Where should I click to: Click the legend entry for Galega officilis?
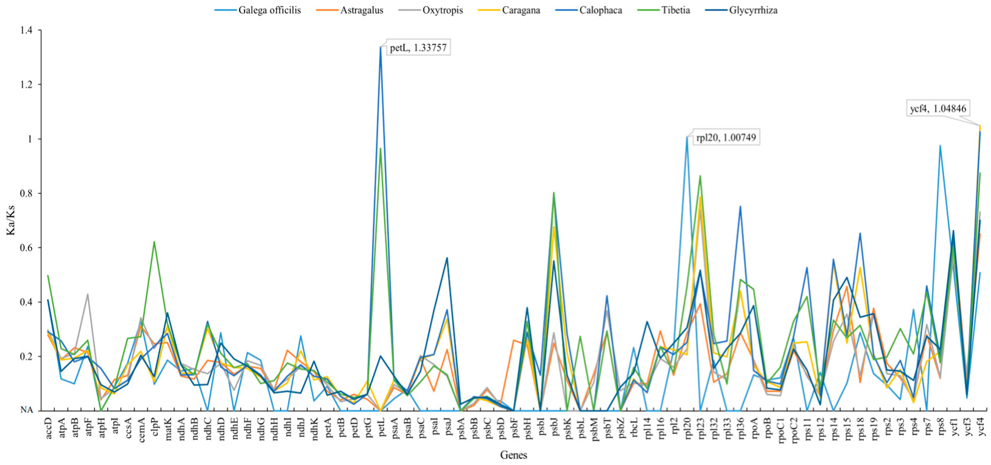[269, 10]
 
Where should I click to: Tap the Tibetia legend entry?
[673, 10]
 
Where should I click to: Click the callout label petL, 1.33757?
[418, 48]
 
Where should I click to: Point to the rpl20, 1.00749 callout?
[727, 138]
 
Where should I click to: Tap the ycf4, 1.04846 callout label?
[938, 108]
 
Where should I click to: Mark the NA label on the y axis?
[27, 410]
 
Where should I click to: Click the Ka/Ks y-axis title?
[11, 220]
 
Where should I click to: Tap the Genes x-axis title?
[514, 455]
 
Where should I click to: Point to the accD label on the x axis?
[48, 428]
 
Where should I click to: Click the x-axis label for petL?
[381, 428]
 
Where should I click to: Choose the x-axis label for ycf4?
[980, 428]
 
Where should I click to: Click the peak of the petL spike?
[381, 47]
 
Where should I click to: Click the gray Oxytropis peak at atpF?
[88, 294]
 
